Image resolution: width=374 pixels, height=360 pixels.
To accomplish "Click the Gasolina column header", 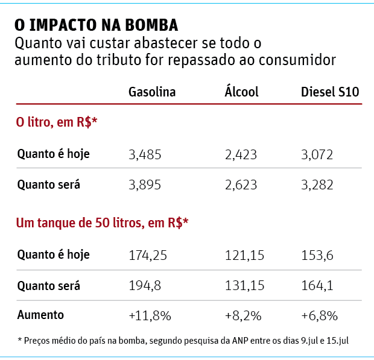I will [x=152, y=92].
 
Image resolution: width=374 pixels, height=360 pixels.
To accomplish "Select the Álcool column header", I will [x=241, y=92].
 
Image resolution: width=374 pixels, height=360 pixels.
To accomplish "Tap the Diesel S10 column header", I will [x=330, y=92].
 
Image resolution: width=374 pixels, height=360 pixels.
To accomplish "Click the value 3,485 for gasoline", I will [x=145, y=154].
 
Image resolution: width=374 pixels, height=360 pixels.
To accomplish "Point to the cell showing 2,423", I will [x=241, y=154].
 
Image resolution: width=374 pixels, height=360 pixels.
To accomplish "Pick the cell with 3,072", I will [x=317, y=154].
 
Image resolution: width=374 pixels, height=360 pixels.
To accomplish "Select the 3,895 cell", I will [x=145, y=185].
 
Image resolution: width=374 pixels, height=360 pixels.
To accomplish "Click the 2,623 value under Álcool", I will [x=241, y=185].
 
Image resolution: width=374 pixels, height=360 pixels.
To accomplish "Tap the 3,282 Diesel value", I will [x=317, y=185].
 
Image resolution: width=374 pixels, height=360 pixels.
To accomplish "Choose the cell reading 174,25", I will [x=148, y=255].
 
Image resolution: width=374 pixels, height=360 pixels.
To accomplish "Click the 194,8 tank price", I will [x=145, y=285].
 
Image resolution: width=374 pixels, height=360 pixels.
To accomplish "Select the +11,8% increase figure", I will [x=150, y=315].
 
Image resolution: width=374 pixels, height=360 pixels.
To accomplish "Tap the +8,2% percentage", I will [x=242, y=315].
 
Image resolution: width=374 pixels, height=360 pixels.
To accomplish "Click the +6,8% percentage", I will [x=319, y=315].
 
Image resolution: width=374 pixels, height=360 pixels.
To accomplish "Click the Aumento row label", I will [x=40, y=315].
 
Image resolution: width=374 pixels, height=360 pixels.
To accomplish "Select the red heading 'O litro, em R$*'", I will [x=57, y=122].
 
